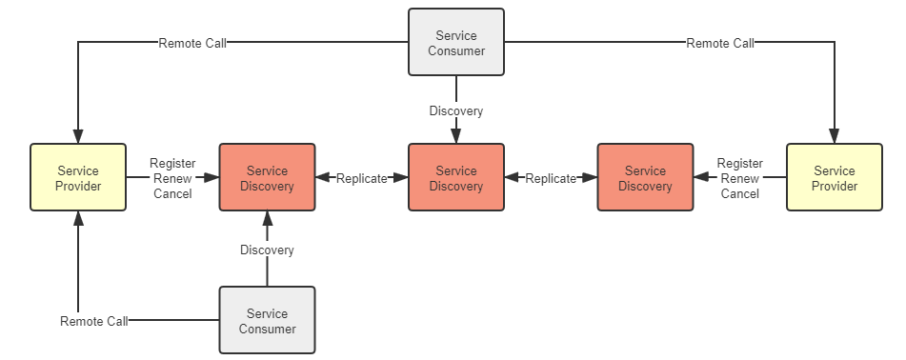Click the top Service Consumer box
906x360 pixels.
[455, 43]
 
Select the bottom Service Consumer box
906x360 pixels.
[267, 321]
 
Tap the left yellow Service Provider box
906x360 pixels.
[78, 178]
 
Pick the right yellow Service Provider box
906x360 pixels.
[834, 178]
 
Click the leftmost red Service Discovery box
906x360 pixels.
[267, 178]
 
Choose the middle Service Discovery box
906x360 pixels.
[455, 178]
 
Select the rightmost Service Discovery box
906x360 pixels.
[645, 178]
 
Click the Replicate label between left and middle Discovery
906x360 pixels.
[361, 178]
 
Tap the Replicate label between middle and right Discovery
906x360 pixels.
[551, 178]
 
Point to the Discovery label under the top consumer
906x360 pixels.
[455, 111]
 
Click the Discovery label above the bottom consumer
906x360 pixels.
[267, 250]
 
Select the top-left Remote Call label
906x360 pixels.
[192, 43]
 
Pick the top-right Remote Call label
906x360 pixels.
[720, 43]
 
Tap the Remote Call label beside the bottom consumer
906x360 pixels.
[93, 322]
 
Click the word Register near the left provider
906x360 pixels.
[172, 164]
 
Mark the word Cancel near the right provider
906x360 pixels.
[739, 193]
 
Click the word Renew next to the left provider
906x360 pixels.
[172, 178]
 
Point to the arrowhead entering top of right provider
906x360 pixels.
[834, 136]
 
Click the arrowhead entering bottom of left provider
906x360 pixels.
[78, 219]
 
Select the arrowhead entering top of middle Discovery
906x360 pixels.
[455, 136]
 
